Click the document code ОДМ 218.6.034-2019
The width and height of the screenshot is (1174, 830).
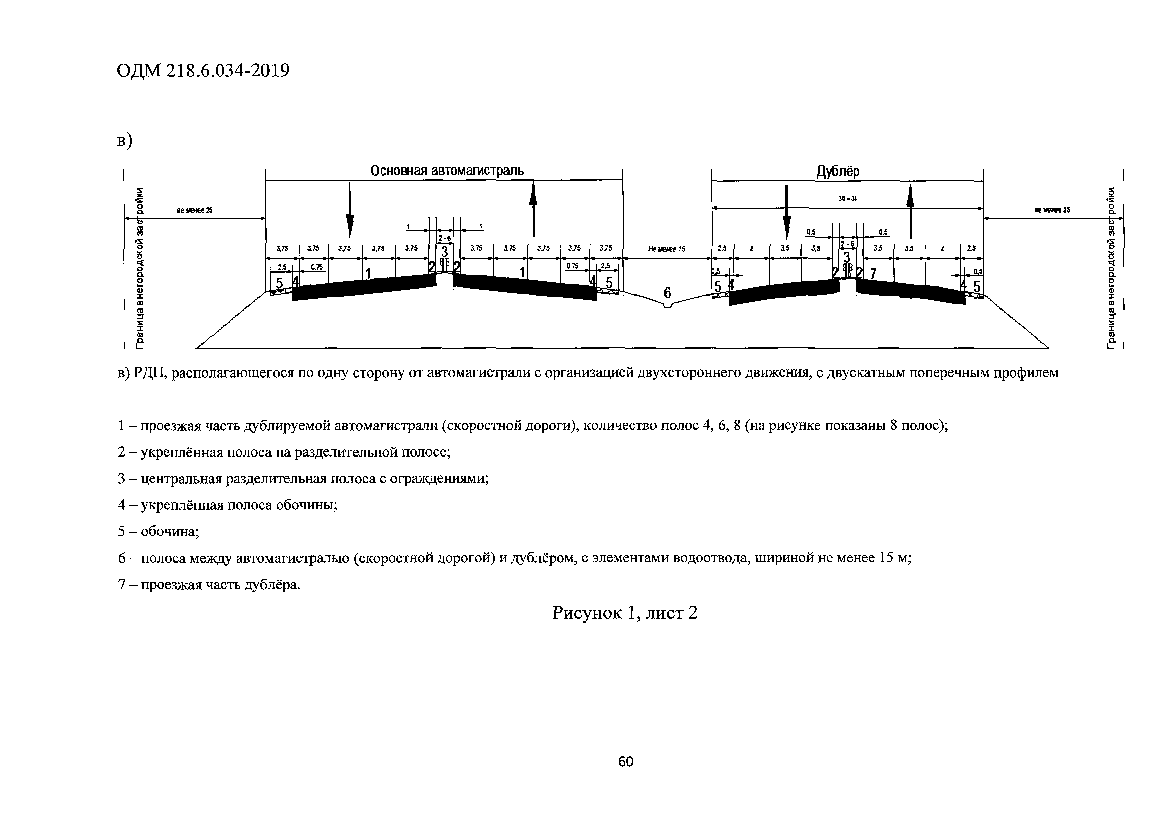[x=203, y=71]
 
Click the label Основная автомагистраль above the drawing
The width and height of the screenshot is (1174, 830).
[x=447, y=170]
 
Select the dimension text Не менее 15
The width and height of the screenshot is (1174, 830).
[x=666, y=249]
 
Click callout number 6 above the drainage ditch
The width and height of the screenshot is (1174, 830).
[x=667, y=293]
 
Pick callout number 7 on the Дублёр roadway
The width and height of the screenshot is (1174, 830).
[x=873, y=274]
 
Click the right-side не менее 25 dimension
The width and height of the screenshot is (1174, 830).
[x=1052, y=210]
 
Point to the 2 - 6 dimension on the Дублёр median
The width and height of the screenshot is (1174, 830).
[x=846, y=245]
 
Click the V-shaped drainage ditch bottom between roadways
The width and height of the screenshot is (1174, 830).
[x=667, y=306]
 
